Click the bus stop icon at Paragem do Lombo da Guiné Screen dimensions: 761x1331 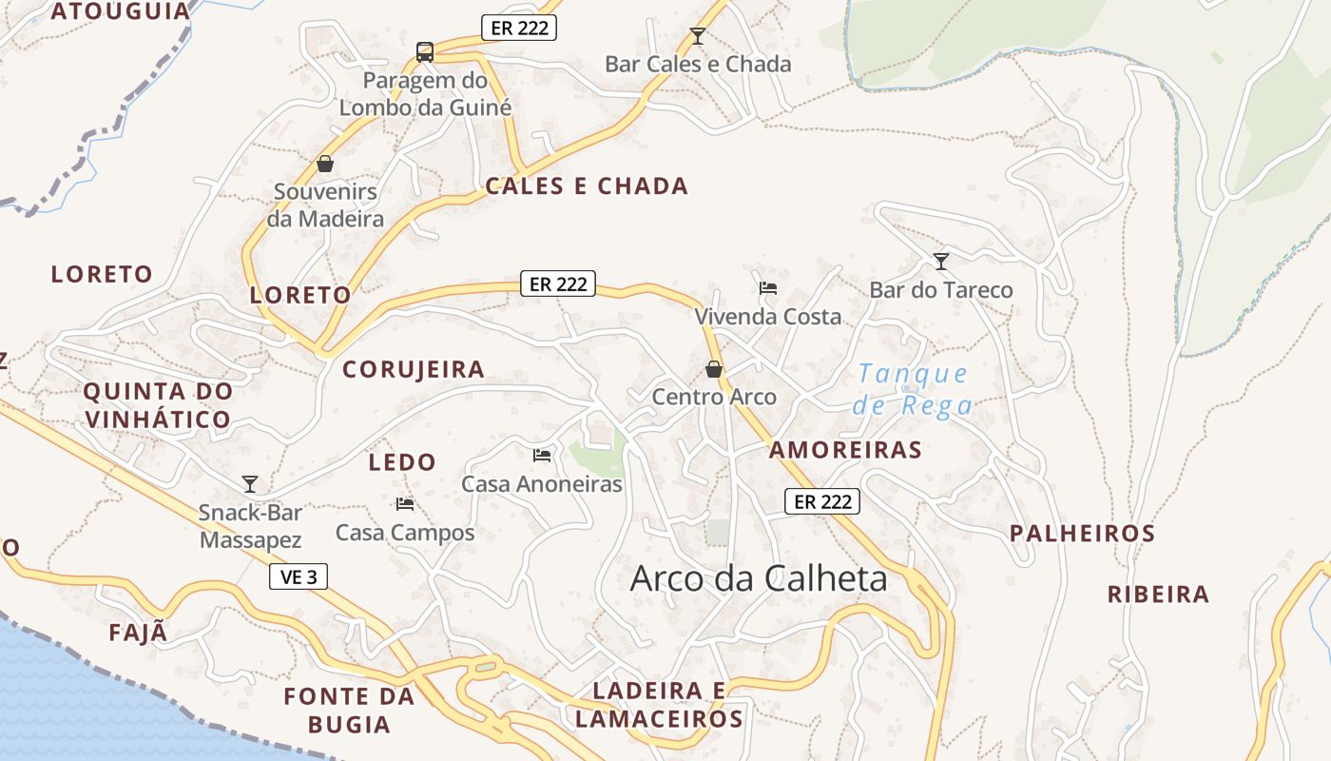tap(425, 51)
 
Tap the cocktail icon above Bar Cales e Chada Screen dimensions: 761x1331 tap(698, 36)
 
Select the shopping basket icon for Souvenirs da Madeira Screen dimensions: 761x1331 tap(325, 164)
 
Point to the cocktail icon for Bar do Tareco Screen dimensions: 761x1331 tap(941, 261)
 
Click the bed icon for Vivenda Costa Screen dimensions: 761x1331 tap(768, 287)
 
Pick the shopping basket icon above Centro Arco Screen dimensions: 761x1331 tap(714, 369)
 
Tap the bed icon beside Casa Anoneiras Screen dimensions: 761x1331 tap(542, 456)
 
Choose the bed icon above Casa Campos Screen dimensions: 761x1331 tap(405, 503)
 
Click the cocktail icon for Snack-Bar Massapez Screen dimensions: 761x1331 tap(250, 483)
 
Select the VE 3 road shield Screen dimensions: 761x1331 tap(299, 576)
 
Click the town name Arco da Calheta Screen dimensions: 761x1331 tap(759, 578)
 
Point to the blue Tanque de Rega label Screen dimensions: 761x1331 tap(913, 389)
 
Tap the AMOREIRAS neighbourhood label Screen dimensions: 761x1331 tap(845, 450)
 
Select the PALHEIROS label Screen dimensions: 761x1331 tap(1082, 534)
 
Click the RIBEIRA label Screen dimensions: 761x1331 tap(1158, 595)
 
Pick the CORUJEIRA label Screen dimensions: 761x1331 tap(414, 369)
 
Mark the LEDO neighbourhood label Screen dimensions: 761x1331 tap(402, 462)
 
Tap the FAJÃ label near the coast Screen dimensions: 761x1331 tap(138, 632)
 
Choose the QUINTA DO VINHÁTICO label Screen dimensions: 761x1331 tap(158, 405)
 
